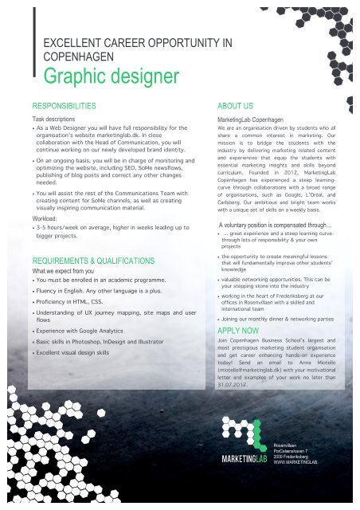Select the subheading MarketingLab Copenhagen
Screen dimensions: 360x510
coord(253,118)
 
